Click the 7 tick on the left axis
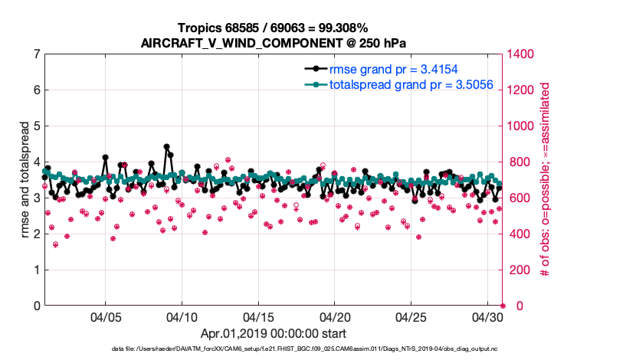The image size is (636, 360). coord(36,54)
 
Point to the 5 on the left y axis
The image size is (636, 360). coord(36,126)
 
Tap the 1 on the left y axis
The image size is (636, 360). coord(36,270)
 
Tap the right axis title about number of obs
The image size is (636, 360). coord(546,180)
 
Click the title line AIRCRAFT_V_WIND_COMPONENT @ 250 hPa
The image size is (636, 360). coord(273,43)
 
